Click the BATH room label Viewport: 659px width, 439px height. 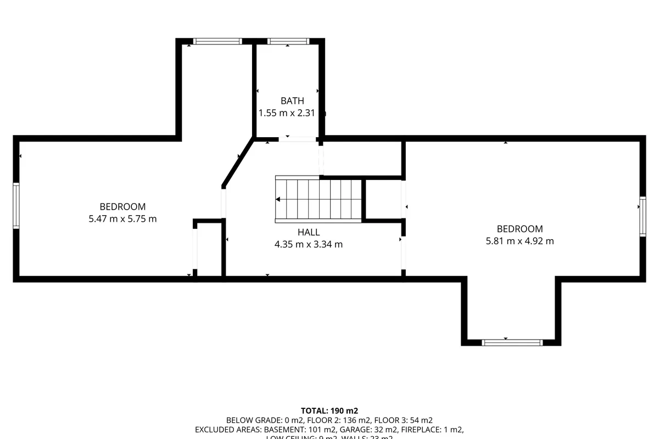(292, 101)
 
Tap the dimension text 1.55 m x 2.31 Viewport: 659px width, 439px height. (291, 113)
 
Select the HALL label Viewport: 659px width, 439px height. (309, 233)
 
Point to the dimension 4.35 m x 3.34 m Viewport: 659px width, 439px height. (309, 245)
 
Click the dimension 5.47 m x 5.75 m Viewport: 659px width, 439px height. (122, 219)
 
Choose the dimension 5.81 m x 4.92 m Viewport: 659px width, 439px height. (520, 241)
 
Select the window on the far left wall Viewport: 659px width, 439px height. (16, 206)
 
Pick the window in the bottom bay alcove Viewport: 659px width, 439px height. (512, 342)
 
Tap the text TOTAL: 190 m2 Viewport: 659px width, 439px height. (329, 410)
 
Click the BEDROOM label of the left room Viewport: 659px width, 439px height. (122, 207)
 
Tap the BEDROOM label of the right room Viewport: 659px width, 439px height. (520, 229)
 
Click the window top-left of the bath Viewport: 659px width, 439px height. (218, 41)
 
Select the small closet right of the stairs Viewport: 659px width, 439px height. (383, 200)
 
